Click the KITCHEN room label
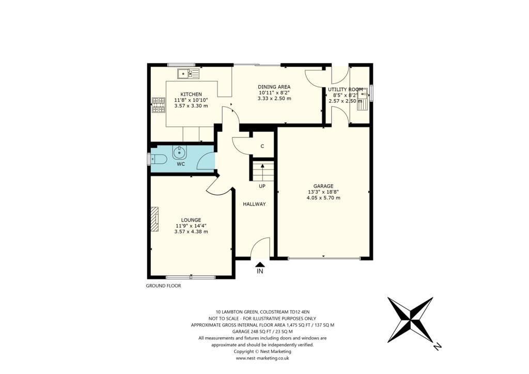point(180,93)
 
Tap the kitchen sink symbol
point(188,74)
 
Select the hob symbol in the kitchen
point(158,106)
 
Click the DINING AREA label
point(274,87)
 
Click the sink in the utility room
point(364,98)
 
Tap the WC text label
point(181,164)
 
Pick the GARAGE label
point(323,186)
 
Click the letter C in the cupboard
point(262,146)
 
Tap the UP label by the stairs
point(262,185)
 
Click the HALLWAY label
point(254,204)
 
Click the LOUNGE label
point(191,220)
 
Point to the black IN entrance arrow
point(260,264)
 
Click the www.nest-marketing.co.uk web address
point(262,358)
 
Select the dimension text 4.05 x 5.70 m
point(323,198)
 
